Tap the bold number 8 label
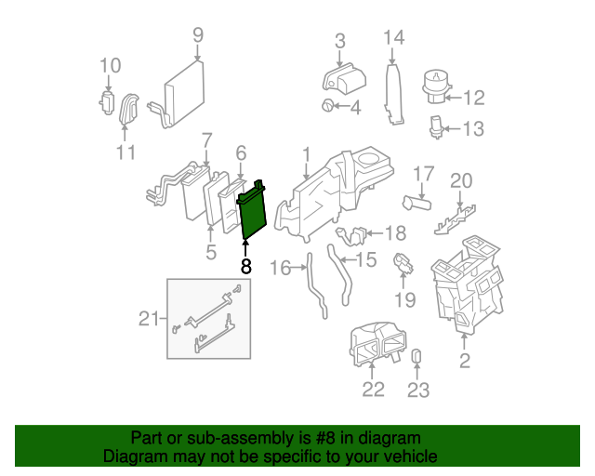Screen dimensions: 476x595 (245, 267)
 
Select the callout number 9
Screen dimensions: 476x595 (197, 35)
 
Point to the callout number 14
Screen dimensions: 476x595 (394, 37)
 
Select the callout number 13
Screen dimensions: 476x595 (473, 129)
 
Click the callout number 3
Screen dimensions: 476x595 (339, 41)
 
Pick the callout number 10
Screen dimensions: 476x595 (110, 65)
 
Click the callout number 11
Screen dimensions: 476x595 (126, 152)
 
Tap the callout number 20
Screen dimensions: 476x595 (462, 180)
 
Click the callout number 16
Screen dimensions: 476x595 (280, 269)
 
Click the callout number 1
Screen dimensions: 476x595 (305, 152)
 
